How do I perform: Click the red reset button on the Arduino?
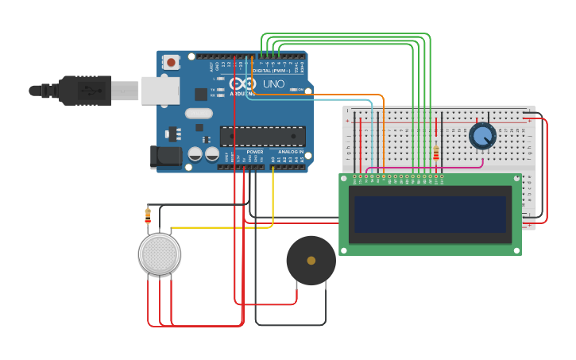click(171, 62)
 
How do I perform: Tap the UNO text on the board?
click(273, 83)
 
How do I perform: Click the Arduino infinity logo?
click(242, 83)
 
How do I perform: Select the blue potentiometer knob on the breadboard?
click(482, 136)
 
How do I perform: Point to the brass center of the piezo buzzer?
click(311, 260)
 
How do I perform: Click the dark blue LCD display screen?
click(430, 215)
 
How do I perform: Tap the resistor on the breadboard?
click(435, 153)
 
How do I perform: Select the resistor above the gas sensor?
click(148, 214)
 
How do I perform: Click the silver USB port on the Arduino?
click(160, 91)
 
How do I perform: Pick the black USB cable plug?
click(86, 91)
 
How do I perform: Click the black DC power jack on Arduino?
click(165, 156)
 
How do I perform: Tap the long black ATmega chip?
click(262, 136)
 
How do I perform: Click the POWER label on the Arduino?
click(254, 151)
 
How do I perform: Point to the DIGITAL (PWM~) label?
click(271, 71)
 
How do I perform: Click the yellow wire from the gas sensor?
click(222, 227)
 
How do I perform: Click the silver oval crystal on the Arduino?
click(199, 113)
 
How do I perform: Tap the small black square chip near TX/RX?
click(201, 94)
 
